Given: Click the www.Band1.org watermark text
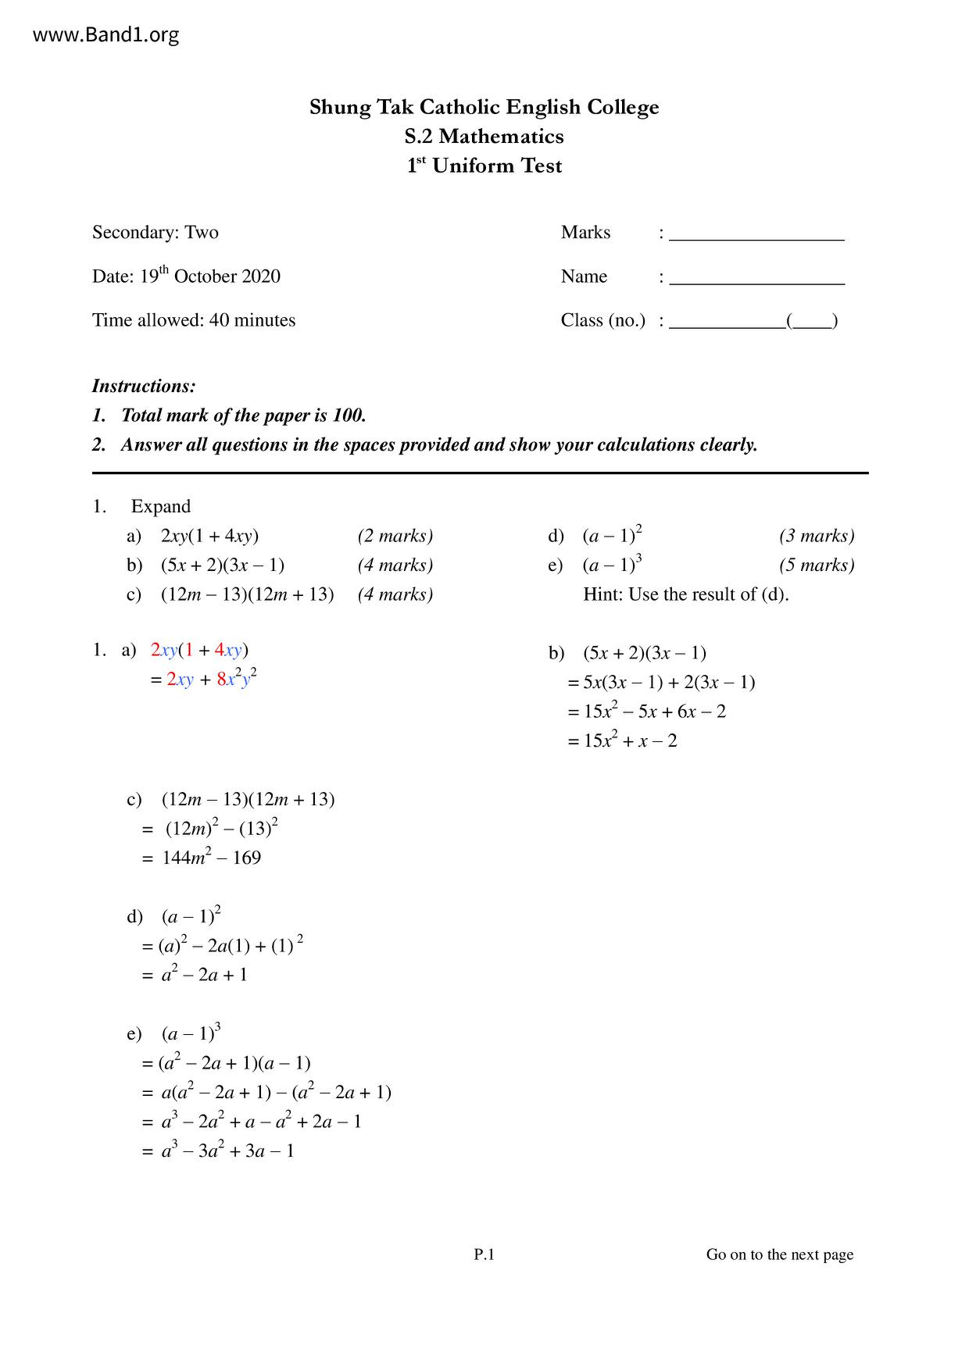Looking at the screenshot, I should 106,35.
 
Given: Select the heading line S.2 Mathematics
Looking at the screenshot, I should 484,137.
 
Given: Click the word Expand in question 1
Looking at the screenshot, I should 161,507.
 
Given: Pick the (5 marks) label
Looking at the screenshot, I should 817,565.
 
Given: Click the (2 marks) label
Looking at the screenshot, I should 395,536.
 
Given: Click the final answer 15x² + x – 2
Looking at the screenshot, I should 630,740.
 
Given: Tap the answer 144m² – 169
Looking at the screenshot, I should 211,858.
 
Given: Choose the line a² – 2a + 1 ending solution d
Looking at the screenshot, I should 204,975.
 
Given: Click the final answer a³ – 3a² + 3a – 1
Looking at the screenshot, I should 227,1151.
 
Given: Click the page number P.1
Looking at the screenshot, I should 484,1254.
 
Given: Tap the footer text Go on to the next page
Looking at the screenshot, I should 779,1254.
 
